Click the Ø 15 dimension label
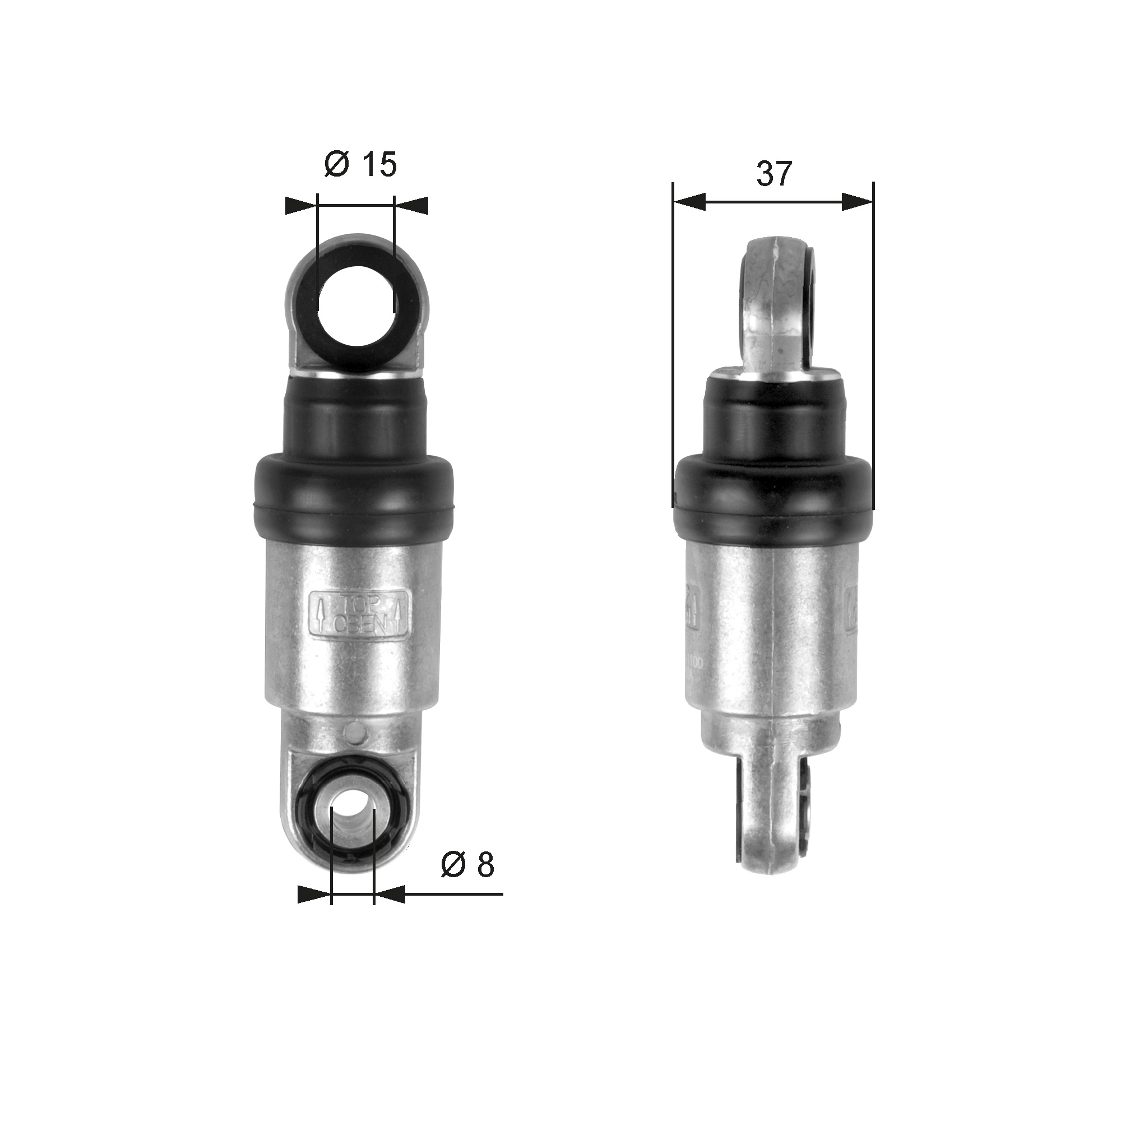pos(360,165)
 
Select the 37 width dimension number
pos(774,174)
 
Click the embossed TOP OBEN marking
pos(360,614)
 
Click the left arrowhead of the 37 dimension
pos(689,202)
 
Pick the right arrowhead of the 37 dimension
pos(858,202)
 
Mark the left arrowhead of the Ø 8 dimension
pos(313,894)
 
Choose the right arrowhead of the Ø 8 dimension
pos(390,894)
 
